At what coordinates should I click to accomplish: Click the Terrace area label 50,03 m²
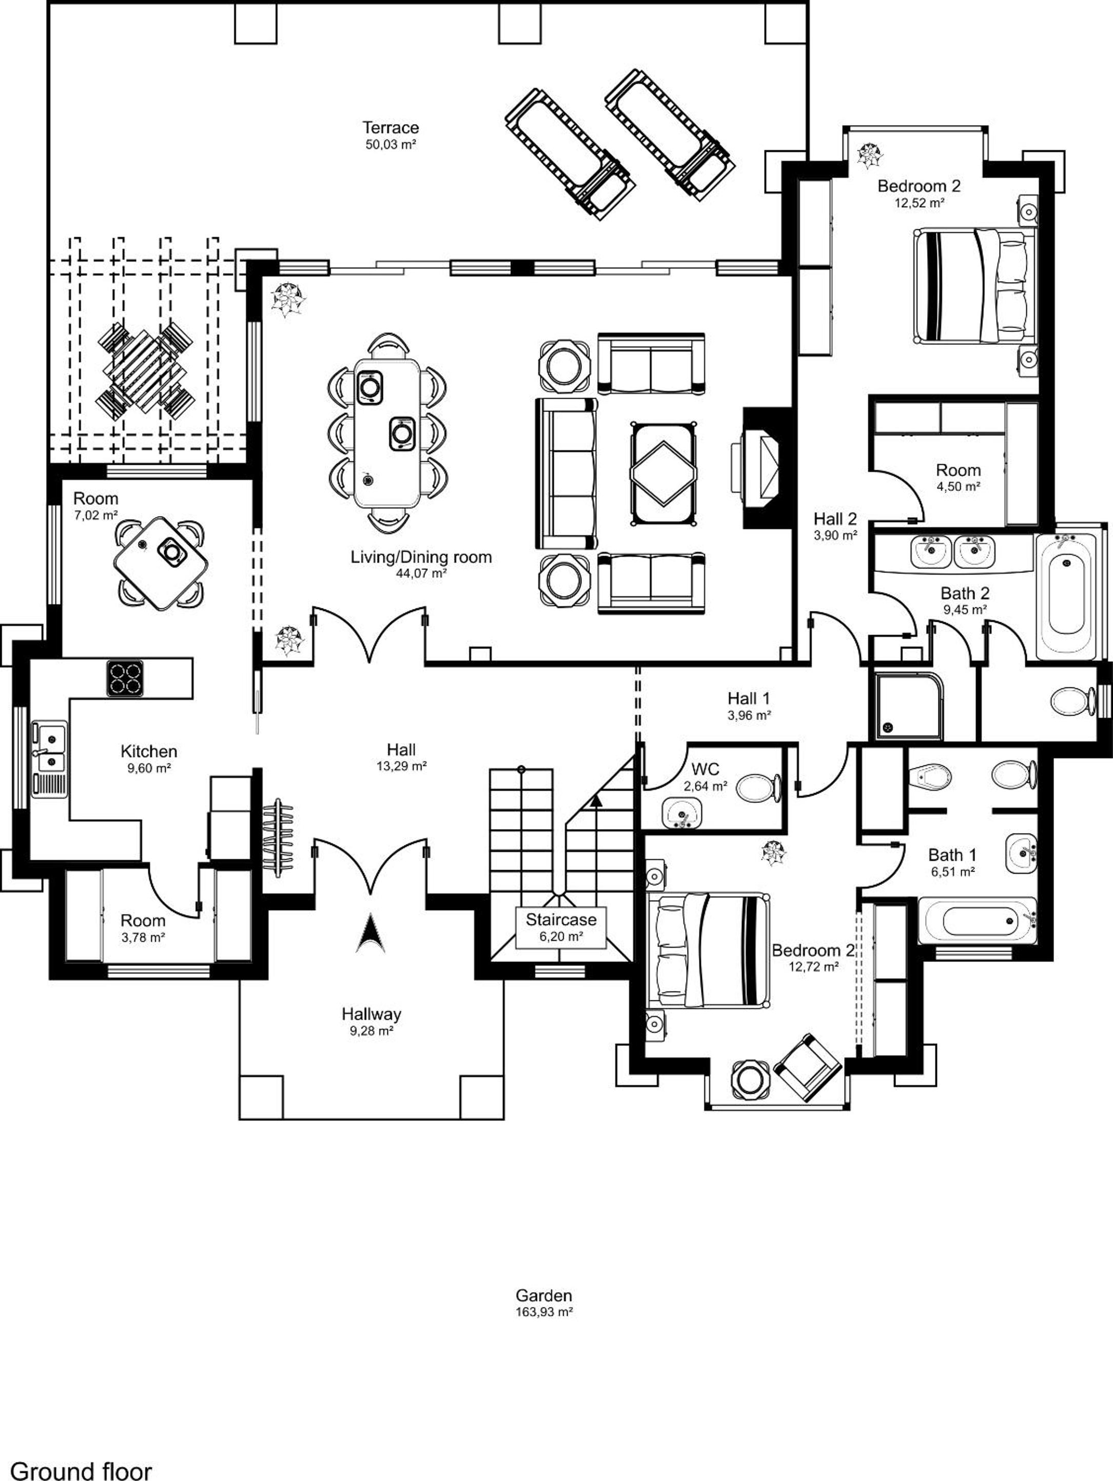pyautogui.click(x=391, y=144)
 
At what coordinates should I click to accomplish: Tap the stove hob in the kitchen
pyautogui.click(x=125, y=678)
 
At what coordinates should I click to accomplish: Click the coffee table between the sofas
pyautogui.click(x=663, y=473)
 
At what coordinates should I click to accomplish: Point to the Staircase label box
pyautogui.click(x=560, y=927)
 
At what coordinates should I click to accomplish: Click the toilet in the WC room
pyautogui.click(x=759, y=787)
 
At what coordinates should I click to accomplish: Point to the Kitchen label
pyautogui.click(x=149, y=751)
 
